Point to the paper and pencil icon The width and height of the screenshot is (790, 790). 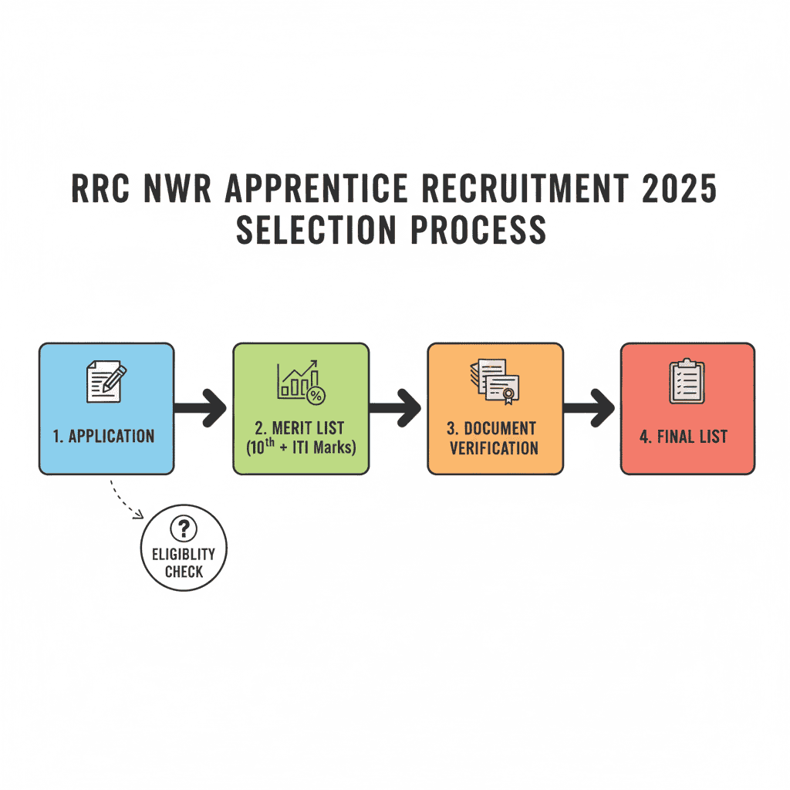(x=106, y=380)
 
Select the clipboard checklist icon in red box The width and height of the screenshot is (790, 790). (x=687, y=380)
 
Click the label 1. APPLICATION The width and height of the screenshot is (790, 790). (x=104, y=436)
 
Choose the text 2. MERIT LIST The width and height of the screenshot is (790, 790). (x=301, y=428)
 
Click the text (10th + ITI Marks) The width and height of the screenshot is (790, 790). (x=301, y=447)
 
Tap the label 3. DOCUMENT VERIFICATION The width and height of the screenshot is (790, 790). (x=494, y=437)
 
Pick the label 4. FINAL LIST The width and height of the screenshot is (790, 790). (x=684, y=437)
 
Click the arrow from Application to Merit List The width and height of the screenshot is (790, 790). (x=201, y=407)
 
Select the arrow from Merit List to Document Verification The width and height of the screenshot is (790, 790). (x=395, y=407)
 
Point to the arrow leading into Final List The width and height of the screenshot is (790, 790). (x=589, y=407)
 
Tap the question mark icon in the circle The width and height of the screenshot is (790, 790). (x=184, y=528)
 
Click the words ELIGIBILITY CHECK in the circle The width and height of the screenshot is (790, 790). (x=184, y=563)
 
